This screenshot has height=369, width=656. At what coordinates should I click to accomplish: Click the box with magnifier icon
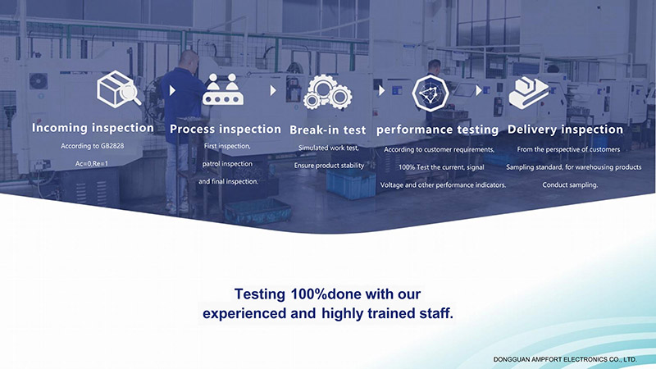click(x=119, y=89)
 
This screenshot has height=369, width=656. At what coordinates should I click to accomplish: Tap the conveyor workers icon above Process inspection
click(x=222, y=89)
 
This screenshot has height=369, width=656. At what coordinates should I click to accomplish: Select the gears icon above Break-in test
click(x=327, y=92)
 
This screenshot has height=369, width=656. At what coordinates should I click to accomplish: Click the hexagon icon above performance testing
click(x=430, y=93)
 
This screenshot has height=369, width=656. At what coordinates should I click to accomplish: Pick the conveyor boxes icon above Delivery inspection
click(x=528, y=93)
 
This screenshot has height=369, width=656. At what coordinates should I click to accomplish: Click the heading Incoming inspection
click(x=93, y=128)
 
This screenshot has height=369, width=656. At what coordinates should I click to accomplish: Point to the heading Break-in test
click(x=327, y=130)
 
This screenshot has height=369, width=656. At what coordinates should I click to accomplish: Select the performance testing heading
click(x=437, y=130)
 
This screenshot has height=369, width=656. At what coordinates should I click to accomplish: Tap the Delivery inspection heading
click(x=565, y=130)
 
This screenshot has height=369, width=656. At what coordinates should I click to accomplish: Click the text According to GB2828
click(x=92, y=146)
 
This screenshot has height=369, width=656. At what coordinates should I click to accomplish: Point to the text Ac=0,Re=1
click(x=92, y=163)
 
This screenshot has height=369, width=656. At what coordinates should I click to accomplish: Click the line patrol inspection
click(x=227, y=164)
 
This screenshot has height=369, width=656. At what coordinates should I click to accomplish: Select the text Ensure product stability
click(x=329, y=166)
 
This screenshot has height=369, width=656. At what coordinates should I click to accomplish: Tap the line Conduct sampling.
click(x=570, y=185)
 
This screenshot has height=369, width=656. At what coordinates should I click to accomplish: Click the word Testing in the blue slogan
click(x=259, y=294)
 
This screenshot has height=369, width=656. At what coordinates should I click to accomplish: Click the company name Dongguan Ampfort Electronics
click(x=565, y=359)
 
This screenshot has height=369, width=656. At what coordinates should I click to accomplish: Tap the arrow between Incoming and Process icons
click(x=172, y=90)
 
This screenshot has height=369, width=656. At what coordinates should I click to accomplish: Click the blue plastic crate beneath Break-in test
click(x=351, y=183)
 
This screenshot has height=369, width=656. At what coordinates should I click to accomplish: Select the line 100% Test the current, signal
click(x=441, y=167)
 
